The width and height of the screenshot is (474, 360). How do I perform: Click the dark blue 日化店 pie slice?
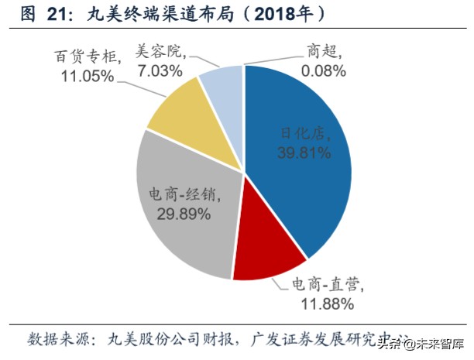[310, 170]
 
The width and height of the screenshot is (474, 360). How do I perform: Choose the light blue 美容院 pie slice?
[221, 89]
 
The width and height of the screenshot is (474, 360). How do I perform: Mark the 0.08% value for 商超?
[315, 70]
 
